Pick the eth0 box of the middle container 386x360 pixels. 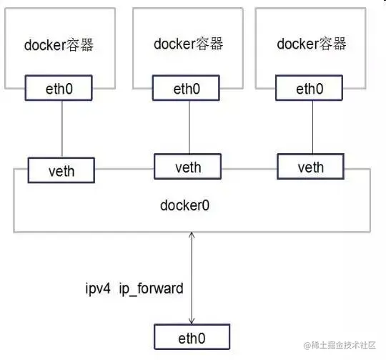188,89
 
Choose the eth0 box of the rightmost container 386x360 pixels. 310,89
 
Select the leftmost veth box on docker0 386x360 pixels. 61,170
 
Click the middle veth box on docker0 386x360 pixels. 188,167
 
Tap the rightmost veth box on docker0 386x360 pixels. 310,167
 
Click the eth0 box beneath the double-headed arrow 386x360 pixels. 192,336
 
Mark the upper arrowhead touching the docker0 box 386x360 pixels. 192,236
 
